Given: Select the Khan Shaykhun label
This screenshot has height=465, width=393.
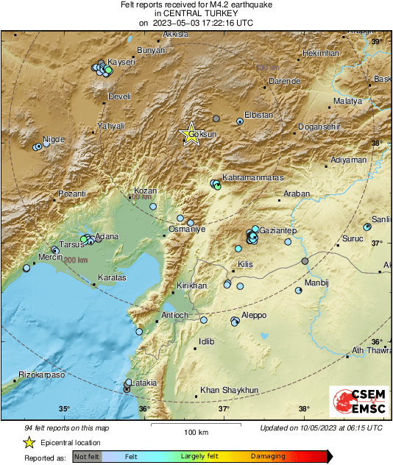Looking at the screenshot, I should point(230,390).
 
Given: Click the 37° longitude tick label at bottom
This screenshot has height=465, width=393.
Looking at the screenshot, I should point(224,410).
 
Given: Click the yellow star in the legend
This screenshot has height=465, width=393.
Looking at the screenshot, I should point(29,442).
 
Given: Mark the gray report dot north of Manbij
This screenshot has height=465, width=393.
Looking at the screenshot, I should point(305,261).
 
